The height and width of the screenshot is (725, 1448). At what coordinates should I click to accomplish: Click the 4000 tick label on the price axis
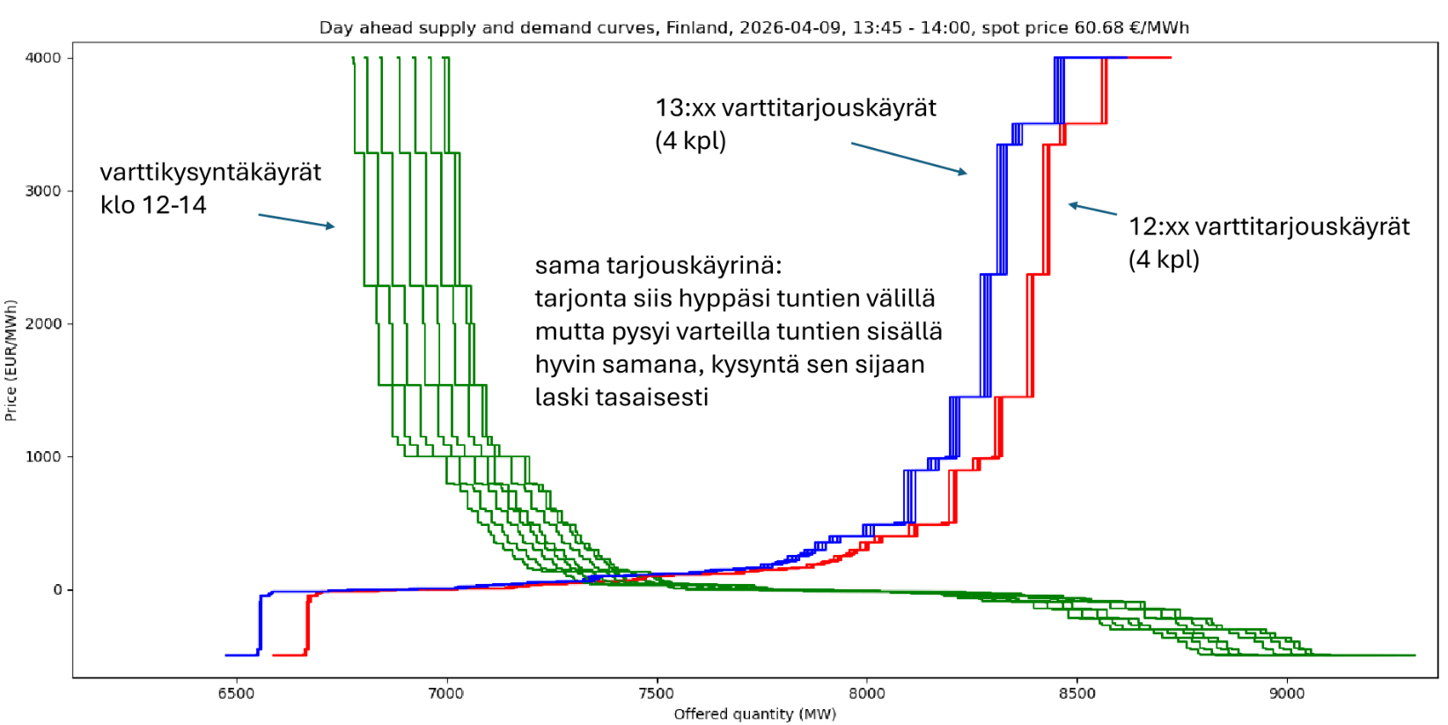click(x=42, y=58)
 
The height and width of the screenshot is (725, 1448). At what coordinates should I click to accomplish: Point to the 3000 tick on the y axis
click(x=42, y=191)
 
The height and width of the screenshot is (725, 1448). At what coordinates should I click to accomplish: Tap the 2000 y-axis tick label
click(x=42, y=324)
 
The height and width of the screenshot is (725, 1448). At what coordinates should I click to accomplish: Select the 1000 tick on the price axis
click(x=42, y=457)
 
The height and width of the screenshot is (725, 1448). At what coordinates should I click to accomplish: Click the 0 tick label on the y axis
click(x=57, y=590)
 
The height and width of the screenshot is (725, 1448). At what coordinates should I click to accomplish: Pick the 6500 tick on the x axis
click(x=236, y=694)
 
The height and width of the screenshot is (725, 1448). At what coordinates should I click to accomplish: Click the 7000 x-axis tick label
click(x=446, y=694)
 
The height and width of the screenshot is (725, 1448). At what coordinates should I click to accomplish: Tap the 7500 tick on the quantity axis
click(x=657, y=694)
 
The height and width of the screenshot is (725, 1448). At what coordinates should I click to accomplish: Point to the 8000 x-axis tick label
click(x=867, y=694)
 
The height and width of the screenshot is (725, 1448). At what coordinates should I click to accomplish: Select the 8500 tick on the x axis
click(x=1077, y=694)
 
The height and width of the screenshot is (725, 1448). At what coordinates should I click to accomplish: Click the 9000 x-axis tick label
click(x=1287, y=694)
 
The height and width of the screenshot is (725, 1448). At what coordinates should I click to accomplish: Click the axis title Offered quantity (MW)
click(x=754, y=714)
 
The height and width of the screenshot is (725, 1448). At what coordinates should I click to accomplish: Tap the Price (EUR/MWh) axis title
click(x=11, y=360)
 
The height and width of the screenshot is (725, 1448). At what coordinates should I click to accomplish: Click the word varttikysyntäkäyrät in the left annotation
click(x=210, y=173)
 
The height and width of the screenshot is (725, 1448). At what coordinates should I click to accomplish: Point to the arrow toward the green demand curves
click(x=296, y=220)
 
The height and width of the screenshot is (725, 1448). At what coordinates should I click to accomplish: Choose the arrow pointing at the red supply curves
click(x=1092, y=209)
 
